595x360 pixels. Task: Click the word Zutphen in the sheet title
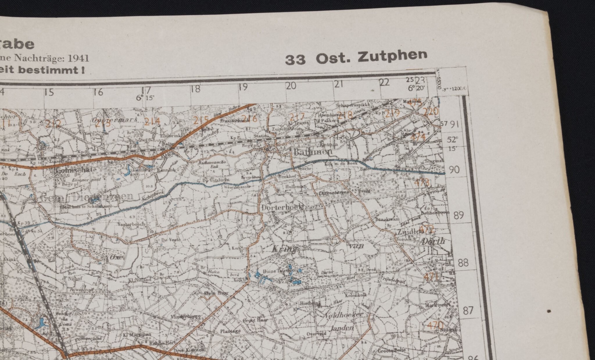tap(393, 56)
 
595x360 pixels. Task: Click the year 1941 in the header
tap(78, 58)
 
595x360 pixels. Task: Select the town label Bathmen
tap(312, 152)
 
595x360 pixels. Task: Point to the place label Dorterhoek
tap(282, 208)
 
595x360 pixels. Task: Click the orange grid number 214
tap(152, 122)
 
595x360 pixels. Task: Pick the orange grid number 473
tap(422, 183)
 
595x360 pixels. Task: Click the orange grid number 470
tap(435, 325)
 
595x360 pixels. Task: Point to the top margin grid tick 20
tap(291, 86)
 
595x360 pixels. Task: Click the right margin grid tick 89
tap(458, 215)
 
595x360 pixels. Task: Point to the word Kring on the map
tap(285, 249)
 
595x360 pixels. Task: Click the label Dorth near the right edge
tap(433, 241)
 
